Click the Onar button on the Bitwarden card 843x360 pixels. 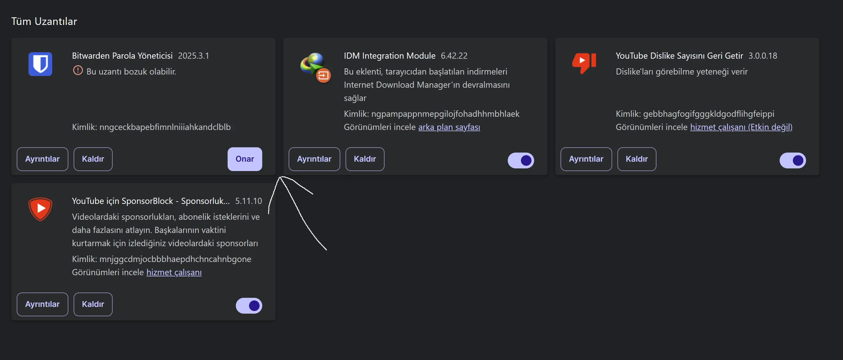pyautogui.click(x=245, y=159)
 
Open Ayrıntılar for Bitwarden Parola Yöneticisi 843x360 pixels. pyautogui.click(x=43, y=159)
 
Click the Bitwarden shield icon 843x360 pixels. pyautogui.click(x=40, y=64)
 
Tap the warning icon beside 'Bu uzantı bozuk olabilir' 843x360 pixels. pyautogui.click(x=78, y=70)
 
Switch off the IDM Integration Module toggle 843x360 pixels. pyautogui.click(x=521, y=160)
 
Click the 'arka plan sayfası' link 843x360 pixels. pyautogui.click(x=449, y=127)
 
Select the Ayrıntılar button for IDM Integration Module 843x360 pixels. pyautogui.click(x=314, y=159)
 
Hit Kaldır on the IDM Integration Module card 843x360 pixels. pyautogui.click(x=365, y=159)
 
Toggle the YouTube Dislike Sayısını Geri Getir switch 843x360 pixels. pyautogui.click(x=793, y=160)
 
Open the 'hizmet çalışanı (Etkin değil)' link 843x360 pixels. pyautogui.click(x=741, y=127)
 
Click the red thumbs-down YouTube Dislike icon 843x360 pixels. pyautogui.click(x=584, y=63)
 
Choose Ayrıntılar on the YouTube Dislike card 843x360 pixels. pyautogui.click(x=586, y=159)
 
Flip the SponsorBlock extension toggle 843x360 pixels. pyautogui.click(x=249, y=306)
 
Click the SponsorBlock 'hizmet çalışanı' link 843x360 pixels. pyautogui.click(x=174, y=272)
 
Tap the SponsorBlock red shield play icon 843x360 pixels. pyautogui.click(x=40, y=209)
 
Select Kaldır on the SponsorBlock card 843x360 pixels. pyautogui.click(x=93, y=304)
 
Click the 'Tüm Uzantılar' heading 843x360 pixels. pyautogui.click(x=44, y=21)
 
